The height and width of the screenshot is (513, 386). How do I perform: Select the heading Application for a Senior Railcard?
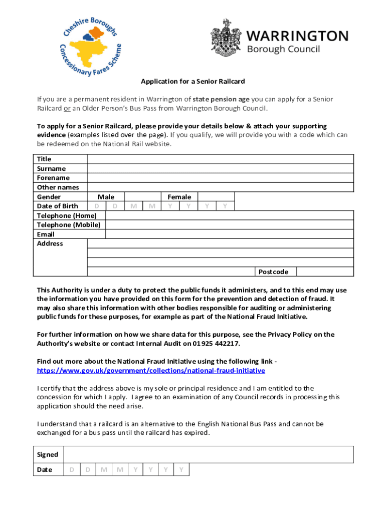[192, 81]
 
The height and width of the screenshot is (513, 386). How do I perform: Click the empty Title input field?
[221, 159]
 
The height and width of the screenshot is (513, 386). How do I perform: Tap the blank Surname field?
[221, 168]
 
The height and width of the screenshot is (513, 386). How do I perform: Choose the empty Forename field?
[221, 178]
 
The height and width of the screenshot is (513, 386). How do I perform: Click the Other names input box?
[221, 187]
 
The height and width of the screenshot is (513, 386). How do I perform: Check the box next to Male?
[142, 197]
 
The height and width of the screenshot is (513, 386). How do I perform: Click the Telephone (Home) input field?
[229, 215]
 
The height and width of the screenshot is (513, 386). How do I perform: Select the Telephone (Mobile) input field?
[229, 225]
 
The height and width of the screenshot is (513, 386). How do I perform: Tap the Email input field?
[229, 234]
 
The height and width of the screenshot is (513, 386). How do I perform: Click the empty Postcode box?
[324, 272]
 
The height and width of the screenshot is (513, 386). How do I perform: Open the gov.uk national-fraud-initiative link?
[151, 370]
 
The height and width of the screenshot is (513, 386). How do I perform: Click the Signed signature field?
[209, 454]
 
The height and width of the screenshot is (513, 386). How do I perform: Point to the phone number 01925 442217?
[221, 343]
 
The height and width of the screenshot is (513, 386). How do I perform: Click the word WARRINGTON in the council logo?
[298, 36]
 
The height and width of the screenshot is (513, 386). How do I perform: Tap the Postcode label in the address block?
[273, 272]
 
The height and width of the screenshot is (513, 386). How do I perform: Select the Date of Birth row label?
[58, 206]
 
